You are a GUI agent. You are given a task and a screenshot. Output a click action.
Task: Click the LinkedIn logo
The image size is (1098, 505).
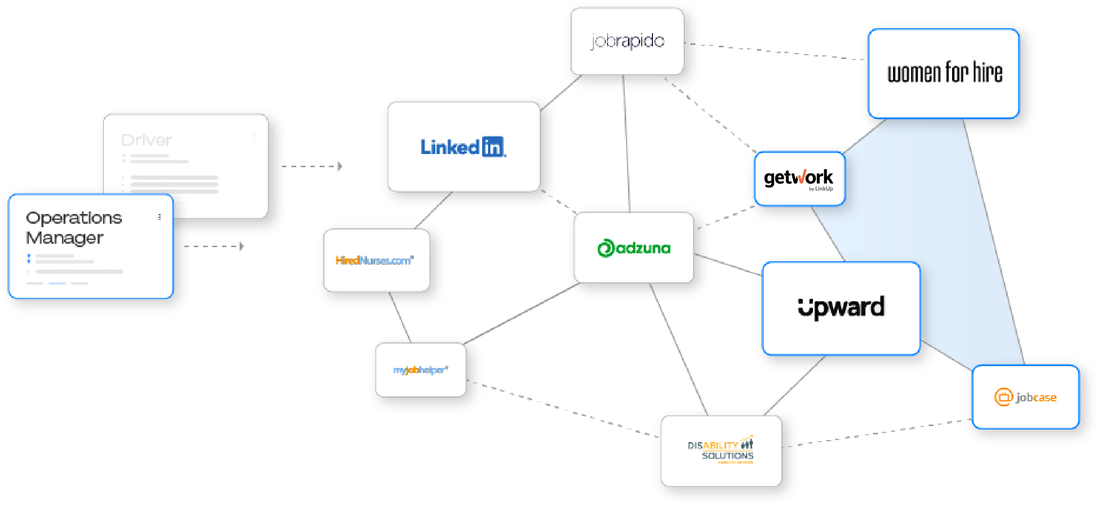click(463, 147)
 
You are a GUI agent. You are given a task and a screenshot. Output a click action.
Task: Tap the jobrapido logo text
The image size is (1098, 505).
click(628, 41)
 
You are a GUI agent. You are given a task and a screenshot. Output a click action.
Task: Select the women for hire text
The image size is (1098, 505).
click(944, 73)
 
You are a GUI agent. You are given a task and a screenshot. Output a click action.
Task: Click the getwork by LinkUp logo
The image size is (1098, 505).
click(798, 178)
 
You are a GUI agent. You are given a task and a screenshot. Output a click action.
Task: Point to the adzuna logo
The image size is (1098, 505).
click(634, 248)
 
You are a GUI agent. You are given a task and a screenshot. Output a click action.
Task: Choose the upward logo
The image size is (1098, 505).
click(841, 308)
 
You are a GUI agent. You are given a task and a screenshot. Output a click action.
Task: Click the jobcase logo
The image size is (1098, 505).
click(1026, 397)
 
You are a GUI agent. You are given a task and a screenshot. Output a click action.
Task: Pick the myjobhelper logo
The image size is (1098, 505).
click(421, 370)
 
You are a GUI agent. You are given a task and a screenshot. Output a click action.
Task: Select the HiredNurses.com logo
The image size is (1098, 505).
click(375, 260)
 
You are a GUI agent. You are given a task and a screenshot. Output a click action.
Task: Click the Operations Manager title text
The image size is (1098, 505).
click(74, 228)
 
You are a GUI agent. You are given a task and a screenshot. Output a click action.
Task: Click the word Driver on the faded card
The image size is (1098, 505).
click(146, 140)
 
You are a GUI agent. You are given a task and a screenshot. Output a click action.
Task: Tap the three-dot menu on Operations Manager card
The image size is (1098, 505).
click(160, 217)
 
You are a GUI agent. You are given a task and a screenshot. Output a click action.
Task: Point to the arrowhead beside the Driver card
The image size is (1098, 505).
click(340, 167)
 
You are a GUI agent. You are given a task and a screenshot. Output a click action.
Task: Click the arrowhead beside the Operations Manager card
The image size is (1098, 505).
click(242, 246)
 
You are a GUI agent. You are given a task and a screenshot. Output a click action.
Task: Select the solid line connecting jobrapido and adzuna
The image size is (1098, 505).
click(626, 141)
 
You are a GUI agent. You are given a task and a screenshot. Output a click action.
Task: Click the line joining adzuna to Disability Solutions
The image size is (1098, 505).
click(678, 349)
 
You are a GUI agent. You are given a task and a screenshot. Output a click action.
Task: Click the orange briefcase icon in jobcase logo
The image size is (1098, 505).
click(1003, 397)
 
